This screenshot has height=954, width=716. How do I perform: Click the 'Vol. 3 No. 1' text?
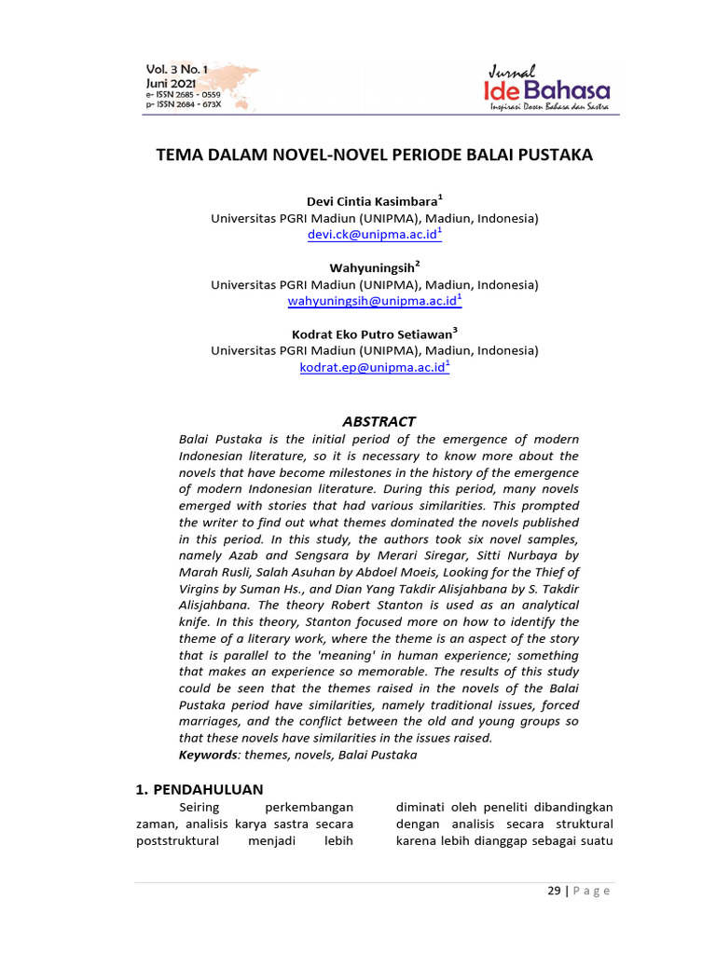177,71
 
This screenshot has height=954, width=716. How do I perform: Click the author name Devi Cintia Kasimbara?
372,201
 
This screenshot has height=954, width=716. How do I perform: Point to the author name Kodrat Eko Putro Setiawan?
372,334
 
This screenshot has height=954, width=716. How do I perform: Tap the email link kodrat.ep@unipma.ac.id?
372,368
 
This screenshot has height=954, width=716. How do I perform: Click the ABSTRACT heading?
379,421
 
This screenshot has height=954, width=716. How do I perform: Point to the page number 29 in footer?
554,891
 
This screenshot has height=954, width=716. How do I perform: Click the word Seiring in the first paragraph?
198,807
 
